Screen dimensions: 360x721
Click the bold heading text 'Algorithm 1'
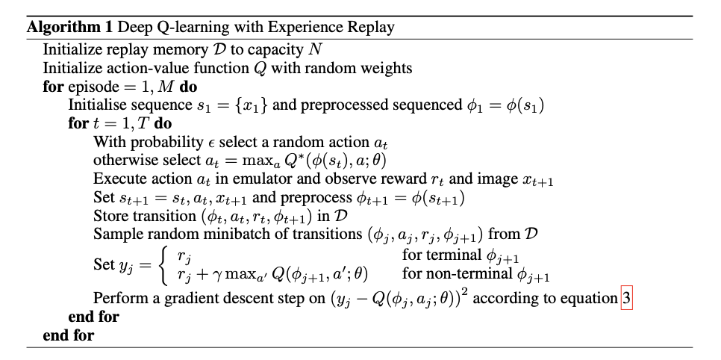pyautogui.click(x=61, y=28)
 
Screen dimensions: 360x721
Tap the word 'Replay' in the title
pyautogui.click(x=366, y=28)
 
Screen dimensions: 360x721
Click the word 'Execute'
pyautogui.click(x=117, y=179)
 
